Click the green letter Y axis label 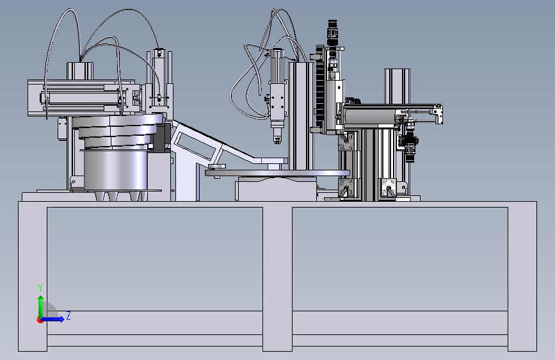[40, 288]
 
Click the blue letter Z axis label [68, 315]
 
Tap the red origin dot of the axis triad [40, 320]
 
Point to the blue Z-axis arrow [52, 319]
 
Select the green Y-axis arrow [41, 307]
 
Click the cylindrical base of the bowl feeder [115, 170]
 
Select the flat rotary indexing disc [277, 173]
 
